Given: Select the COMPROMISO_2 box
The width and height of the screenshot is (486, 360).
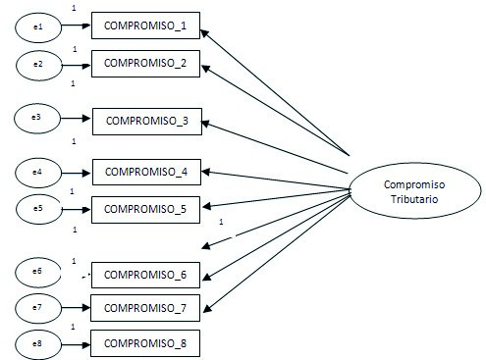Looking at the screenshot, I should (144, 63).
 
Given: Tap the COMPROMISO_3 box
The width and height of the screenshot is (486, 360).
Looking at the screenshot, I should (146, 121).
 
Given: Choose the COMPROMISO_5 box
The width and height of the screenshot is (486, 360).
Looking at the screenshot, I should (145, 207).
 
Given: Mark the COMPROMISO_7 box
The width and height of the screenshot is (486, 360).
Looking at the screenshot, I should (145, 307).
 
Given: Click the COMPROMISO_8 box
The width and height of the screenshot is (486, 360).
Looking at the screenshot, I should (145, 342).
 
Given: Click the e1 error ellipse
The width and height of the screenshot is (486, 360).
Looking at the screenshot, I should (37, 26).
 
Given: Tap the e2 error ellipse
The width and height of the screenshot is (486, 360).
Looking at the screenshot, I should (37, 63).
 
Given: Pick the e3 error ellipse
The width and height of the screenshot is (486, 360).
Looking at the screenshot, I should (37, 119).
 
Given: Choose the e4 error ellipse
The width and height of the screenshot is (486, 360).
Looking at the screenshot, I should (37, 173).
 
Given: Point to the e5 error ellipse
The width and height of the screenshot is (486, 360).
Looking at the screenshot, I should (37, 208).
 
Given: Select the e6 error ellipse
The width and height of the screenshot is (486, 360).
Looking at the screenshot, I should (37, 271).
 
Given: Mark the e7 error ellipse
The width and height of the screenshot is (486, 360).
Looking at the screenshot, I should (37, 307).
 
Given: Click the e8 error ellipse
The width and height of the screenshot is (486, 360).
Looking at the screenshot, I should (37, 342).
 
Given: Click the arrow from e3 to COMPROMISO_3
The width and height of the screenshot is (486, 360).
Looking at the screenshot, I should (77, 120).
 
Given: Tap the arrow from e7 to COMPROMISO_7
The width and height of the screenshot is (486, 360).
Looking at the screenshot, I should (75, 307).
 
